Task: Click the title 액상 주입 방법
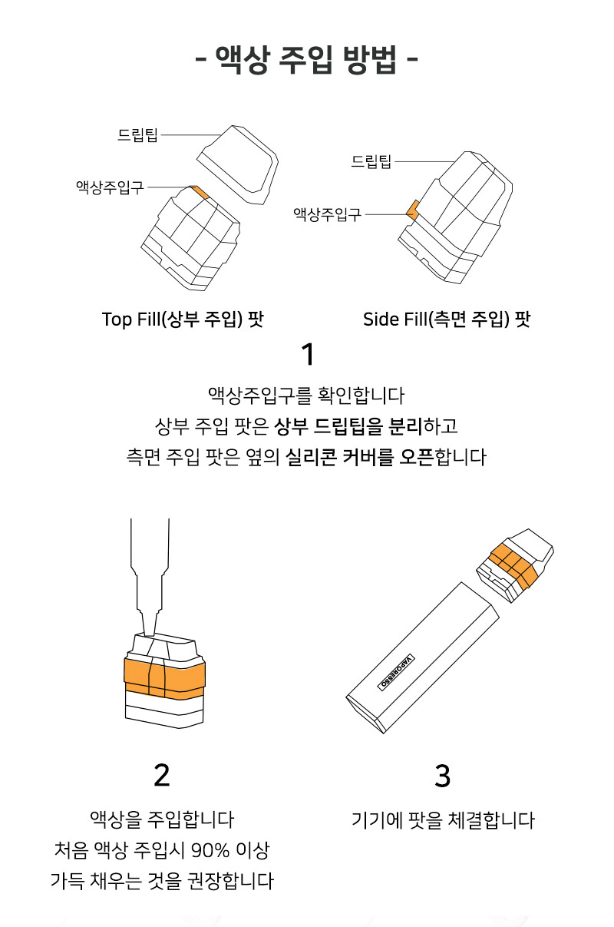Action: (306, 61)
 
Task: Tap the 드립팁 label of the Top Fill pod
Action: (137, 135)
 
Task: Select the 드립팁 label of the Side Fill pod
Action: (371, 161)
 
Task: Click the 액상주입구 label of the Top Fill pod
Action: (110, 187)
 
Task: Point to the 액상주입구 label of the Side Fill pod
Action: (328, 214)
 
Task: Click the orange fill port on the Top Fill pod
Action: (200, 192)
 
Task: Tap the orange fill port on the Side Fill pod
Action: (412, 210)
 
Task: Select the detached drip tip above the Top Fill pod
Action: (238, 164)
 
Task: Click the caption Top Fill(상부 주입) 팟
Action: (183, 319)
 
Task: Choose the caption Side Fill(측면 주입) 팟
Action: (447, 319)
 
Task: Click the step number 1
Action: (308, 354)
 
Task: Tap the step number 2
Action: (162, 775)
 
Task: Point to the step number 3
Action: (442, 775)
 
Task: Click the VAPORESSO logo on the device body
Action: (396, 673)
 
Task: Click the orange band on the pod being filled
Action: (164, 678)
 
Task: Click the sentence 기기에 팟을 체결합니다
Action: (443, 819)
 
